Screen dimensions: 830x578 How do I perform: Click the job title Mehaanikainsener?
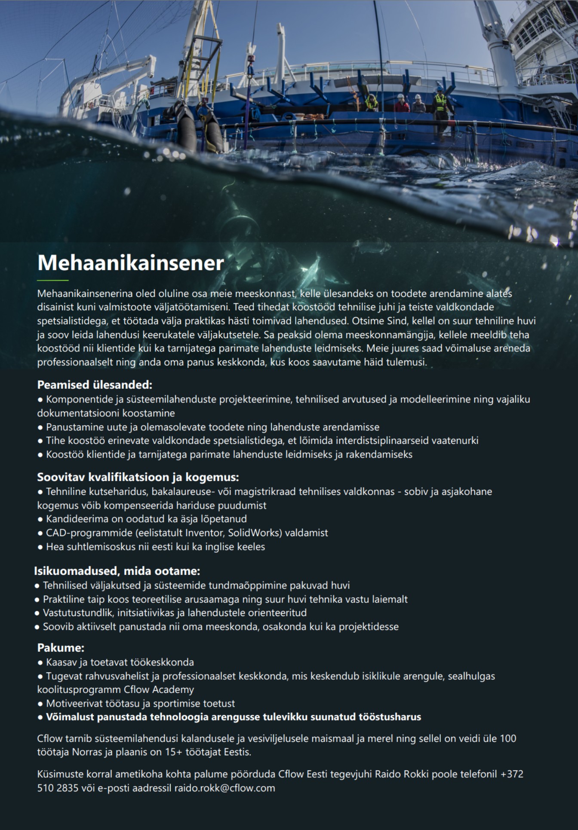click(x=131, y=263)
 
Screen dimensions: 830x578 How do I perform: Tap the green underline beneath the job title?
click(x=53, y=281)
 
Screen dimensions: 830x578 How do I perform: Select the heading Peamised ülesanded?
click(x=95, y=384)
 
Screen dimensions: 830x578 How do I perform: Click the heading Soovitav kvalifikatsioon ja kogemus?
click(x=138, y=477)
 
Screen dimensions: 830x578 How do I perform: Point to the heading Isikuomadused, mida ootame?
click(x=117, y=571)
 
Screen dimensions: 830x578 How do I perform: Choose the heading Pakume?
click(x=61, y=648)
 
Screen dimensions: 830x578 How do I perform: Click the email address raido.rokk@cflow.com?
click(x=224, y=788)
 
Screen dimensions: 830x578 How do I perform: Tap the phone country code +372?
click(x=512, y=774)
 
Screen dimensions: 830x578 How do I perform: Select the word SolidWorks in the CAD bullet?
click(x=253, y=533)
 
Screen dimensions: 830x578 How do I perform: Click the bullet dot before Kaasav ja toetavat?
click(x=40, y=663)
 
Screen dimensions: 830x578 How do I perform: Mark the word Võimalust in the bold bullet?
click(x=71, y=717)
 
